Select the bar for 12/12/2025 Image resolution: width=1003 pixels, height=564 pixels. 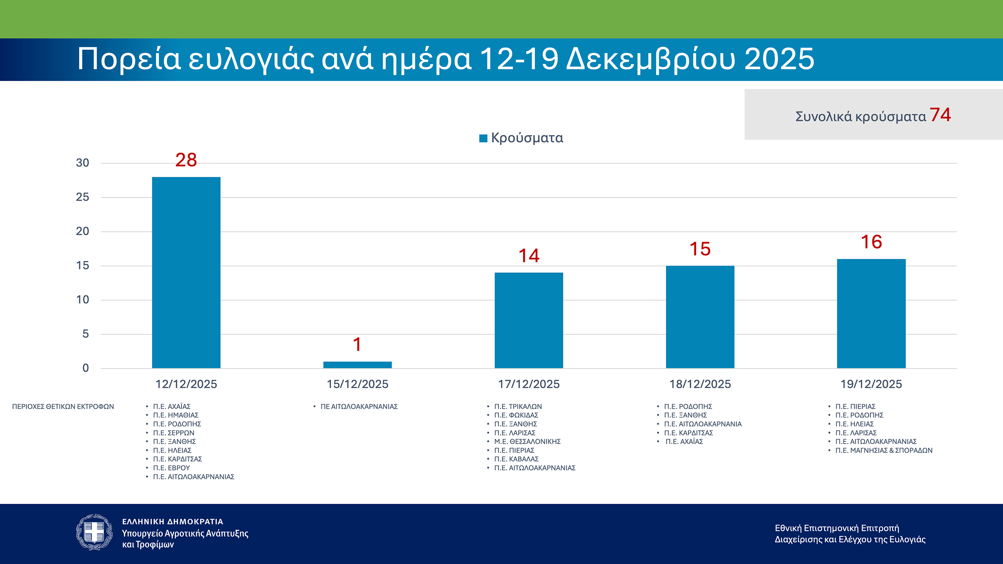pyautogui.click(x=186, y=272)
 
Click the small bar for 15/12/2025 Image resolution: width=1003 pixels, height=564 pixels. pyautogui.click(x=357, y=365)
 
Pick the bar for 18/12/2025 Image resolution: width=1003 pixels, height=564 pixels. pyautogui.click(x=700, y=317)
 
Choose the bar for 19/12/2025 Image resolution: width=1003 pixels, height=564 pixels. pyautogui.click(x=871, y=313)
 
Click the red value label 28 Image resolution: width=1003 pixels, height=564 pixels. pyautogui.click(x=186, y=160)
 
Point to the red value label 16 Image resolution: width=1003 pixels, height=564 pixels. pyautogui.click(x=871, y=242)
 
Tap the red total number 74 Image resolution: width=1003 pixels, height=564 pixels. pyautogui.click(x=940, y=115)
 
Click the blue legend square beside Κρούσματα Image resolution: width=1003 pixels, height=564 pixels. pyautogui.click(x=483, y=138)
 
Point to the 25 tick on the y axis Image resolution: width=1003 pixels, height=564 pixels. pyautogui.click(x=83, y=197)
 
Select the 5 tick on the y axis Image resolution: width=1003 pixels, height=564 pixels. pyautogui.click(x=85, y=334)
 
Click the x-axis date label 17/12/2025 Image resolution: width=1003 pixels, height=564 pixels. pyautogui.click(x=529, y=384)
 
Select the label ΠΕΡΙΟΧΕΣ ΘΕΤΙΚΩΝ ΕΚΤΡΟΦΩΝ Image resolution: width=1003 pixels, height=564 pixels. pyautogui.click(x=63, y=406)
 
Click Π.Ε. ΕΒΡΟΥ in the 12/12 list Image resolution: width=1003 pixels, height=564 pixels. pyautogui.click(x=171, y=468)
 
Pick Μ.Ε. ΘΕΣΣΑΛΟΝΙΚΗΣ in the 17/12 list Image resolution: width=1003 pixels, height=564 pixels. pyautogui.click(x=527, y=441)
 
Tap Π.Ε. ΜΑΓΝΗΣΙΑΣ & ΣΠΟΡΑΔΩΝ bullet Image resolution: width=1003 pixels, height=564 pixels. pyautogui.click(x=884, y=450)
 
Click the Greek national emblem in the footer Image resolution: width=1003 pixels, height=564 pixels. pyautogui.click(x=94, y=532)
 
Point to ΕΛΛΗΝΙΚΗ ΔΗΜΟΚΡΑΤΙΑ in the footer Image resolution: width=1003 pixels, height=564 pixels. pyautogui.click(x=173, y=521)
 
